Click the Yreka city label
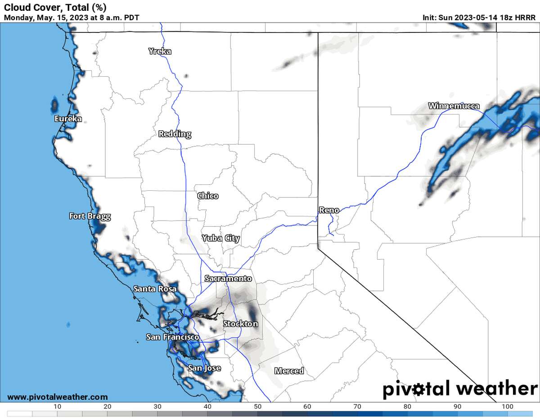(x=160, y=51)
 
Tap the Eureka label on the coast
(x=68, y=119)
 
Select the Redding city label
(x=175, y=134)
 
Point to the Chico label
(x=208, y=196)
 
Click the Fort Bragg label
(x=90, y=216)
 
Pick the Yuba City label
(x=220, y=238)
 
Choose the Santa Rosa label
(x=155, y=289)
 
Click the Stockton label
(x=241, y=324)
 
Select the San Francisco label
(x=172, y=337)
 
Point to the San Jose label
(x=204, y=368)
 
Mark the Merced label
(x=289, y=371)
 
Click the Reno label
(x=329, y=210)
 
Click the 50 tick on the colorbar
(x=257, y=407)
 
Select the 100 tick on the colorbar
(x=507, y=407)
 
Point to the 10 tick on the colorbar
(x=57, y=407)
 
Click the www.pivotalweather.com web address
(x=58, y=397)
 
